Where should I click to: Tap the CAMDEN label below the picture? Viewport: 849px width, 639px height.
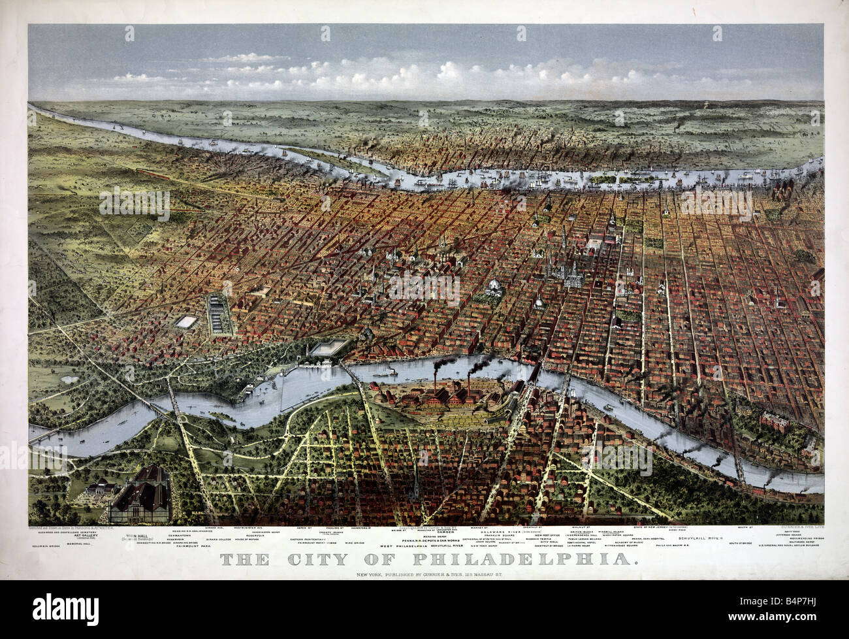[451, 532]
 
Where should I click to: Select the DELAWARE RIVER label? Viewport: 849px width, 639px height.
[500, 532]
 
